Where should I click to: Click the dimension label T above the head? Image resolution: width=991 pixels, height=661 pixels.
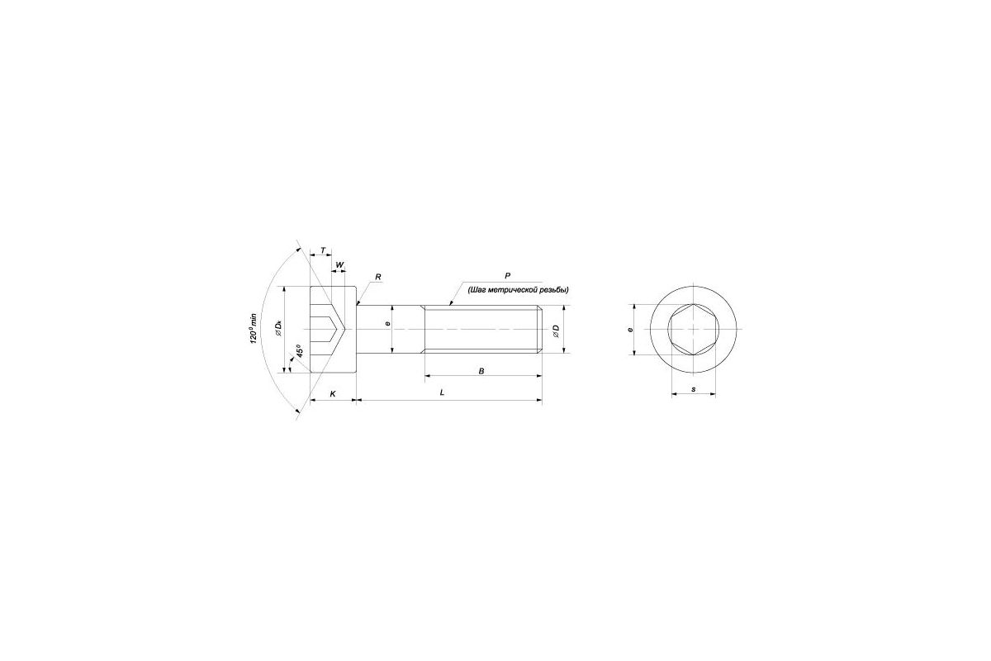(x=323, y=250)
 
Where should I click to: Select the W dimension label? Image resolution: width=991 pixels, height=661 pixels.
(x=339, y=264)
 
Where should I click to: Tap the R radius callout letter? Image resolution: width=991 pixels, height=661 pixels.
(x=378, y=277)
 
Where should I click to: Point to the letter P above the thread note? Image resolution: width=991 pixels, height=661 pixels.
(x=507, y=275)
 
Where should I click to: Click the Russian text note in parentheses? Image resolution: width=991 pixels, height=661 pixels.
(x=518, y=290)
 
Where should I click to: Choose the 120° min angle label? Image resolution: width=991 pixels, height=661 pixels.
(x=253, y=328)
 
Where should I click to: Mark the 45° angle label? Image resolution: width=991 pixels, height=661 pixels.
(x=300, y=350)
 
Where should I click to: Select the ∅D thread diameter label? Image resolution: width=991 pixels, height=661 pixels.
(x=556, y=331)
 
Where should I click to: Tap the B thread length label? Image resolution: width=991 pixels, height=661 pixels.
(x=481, y=371)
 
